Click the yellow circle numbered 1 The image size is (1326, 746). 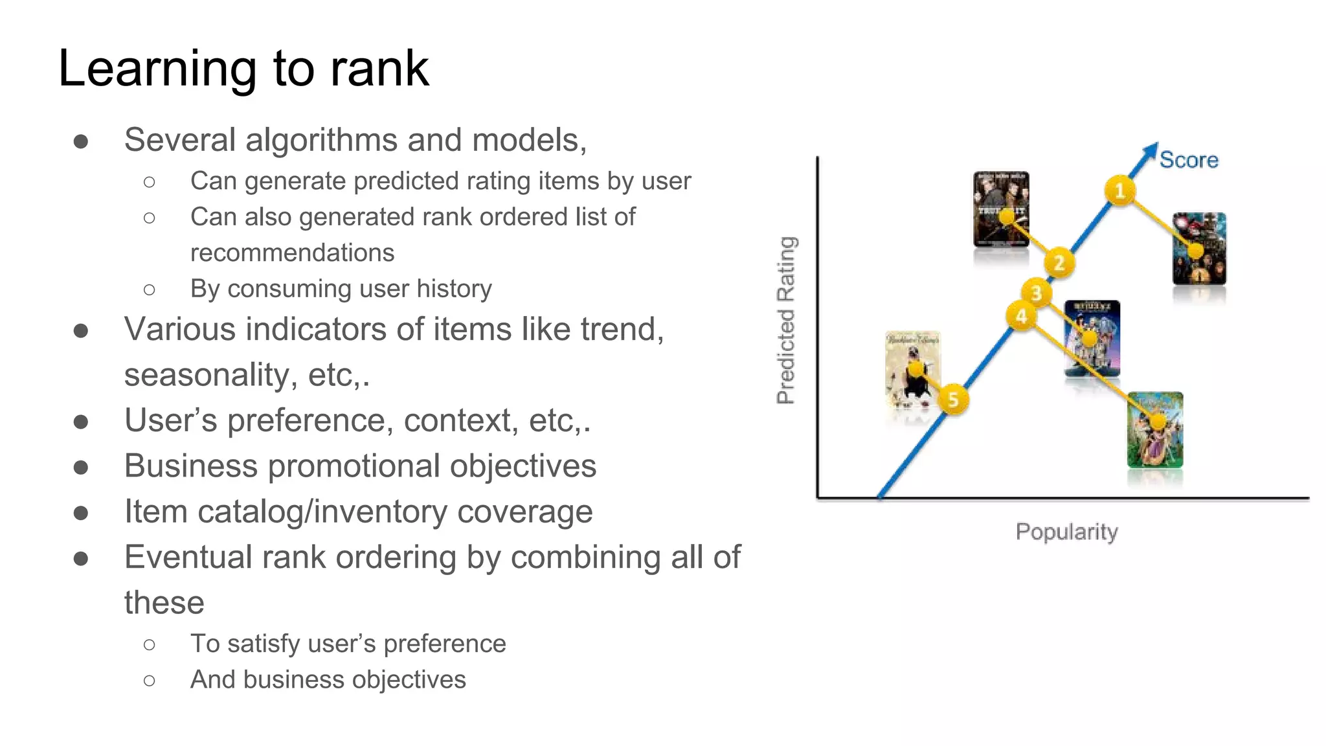(x=1119, y=191)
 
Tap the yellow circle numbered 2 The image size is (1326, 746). (x=1059, y=263)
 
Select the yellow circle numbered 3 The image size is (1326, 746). (x=1037, y=293)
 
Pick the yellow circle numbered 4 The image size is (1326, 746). (x=1021, y=316)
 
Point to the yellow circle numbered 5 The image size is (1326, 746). (x=952, y=400)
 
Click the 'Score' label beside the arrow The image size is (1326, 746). (x=1189, y=160)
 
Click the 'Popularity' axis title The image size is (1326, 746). (x=1066, y=532)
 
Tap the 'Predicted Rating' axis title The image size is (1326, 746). (x=786, y=321)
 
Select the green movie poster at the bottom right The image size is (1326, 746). (x=1155, y=429)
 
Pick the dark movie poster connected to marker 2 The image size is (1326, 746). (x=1001, y=209)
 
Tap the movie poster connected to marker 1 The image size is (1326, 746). (x=1199, y=249)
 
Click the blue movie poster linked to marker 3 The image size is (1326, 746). (x=1092, y=338)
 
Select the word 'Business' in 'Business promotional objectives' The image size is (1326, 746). (x=191, y=466)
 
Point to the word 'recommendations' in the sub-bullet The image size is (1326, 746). (x=292, y=253)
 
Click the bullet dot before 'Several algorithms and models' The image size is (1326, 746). (x=81, y=141)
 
